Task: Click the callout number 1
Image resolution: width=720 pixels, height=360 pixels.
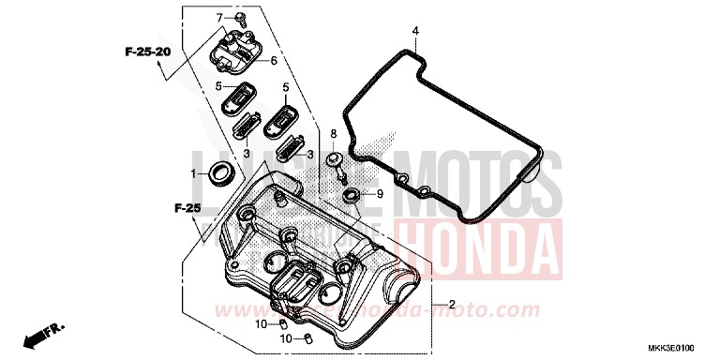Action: (x=194, y=173)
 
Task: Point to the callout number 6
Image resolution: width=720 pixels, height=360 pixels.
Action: (x=274, y=62)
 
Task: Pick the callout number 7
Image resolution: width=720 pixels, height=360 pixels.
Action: (x=220, y=18)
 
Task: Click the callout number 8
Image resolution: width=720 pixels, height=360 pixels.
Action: (x=332, y=134)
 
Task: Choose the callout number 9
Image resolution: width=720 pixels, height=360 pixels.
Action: (x=380, y=195)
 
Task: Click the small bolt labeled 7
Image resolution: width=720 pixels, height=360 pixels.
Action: (x=241, y=18)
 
